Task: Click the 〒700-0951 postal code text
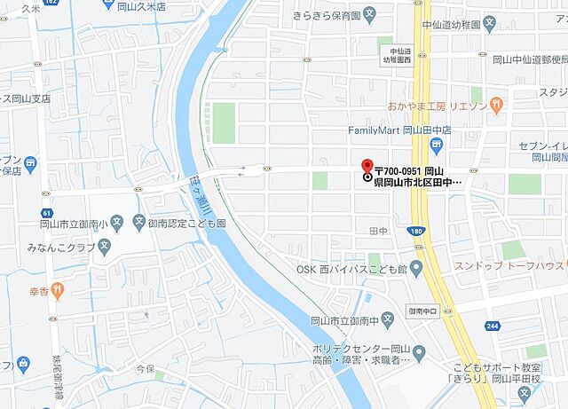pyautogui.click(x=397, y=169)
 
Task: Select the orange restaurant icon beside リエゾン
pyautogui.click(x=498, y=106)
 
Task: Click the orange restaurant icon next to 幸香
pyautogui.click(x=57, y=288)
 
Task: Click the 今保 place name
pyautogui.click(x=132, y=366)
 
